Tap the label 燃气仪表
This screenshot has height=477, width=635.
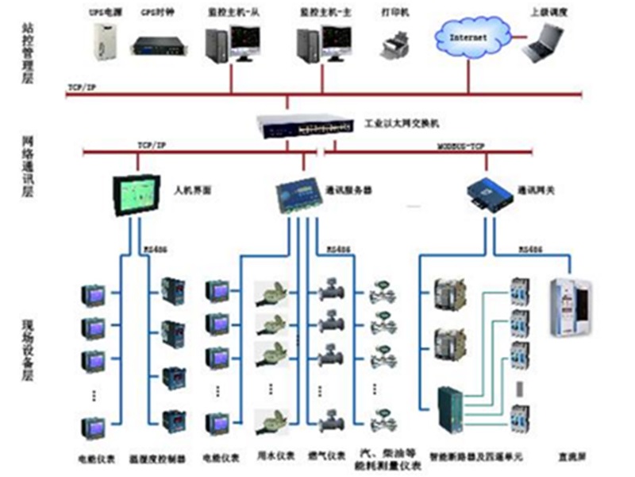click(330, 457)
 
